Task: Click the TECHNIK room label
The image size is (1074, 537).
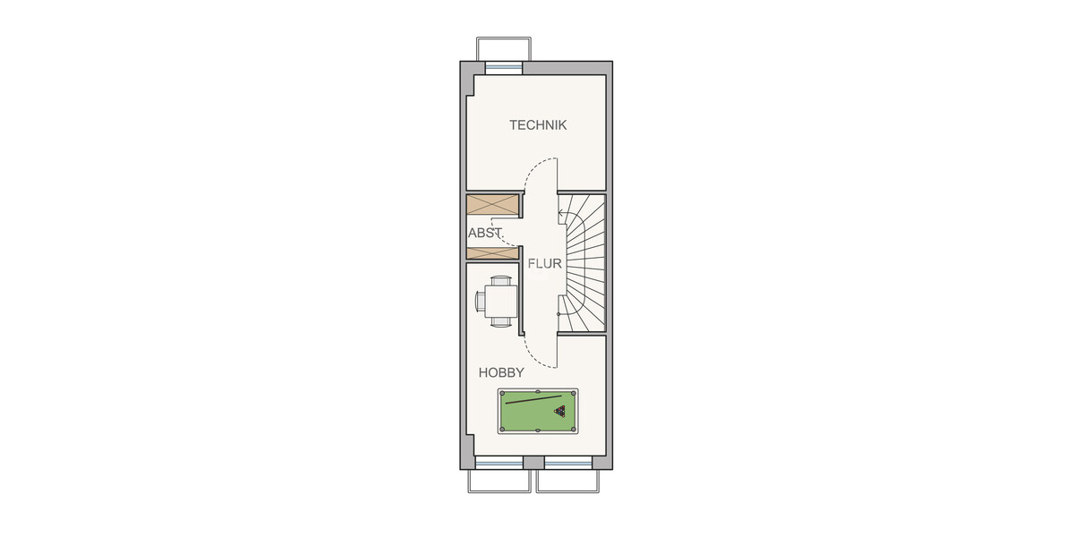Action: click(x=538, y=125)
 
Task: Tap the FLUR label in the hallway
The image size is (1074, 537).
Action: click(x=544, y=264)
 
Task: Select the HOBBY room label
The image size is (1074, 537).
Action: click(x=501, y=372)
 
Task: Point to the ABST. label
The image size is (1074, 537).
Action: click(x=486, y=234)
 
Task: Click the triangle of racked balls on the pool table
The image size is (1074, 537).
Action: click(x=560, y=412)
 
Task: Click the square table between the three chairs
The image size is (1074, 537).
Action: click(x=501, y=299)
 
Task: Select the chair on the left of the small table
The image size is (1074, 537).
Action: click(x=480, y=299)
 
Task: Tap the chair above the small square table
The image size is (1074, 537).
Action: click(x=501, y=281)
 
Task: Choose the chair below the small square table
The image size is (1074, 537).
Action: click(x=501, y=319)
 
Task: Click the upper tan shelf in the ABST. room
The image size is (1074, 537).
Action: click(x=492, y=205)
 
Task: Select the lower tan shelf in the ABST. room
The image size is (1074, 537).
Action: click(x=492, y=253)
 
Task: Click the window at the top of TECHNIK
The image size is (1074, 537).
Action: click(x=503, y=67)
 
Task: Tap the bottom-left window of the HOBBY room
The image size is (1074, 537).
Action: click(x=499, y=463)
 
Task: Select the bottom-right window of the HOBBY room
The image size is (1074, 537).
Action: click(x=568, y=463)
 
